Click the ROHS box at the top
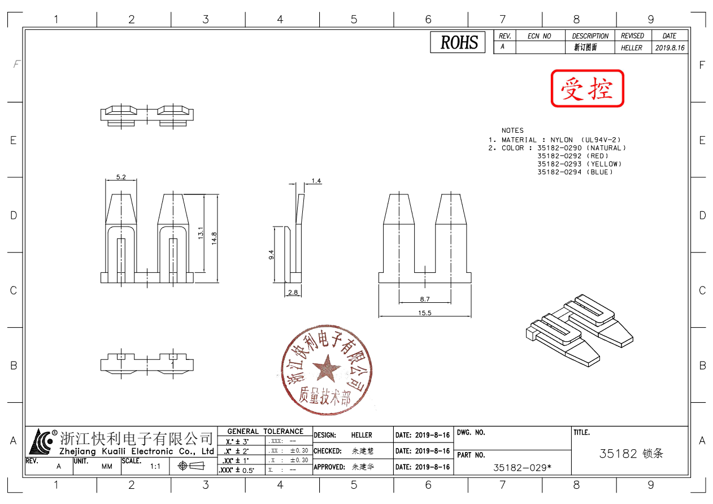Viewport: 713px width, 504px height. pyautogui.click(x=458, y=42)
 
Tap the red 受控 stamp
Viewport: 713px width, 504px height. pyautogui.click(x=587, y=88)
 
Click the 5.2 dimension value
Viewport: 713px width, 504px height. pyautogui.click(x=121, y=177)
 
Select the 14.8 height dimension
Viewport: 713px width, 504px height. pyautogui.click(x=214, y=237)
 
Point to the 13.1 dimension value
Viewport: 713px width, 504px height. pyautogui.click(x=201, y=234)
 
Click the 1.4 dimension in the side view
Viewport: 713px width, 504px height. pyautogui.click(x=316, y=181)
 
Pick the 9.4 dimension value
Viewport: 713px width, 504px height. pyautogui.click(x=271, y=255)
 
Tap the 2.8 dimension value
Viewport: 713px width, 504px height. pyautogui.click(x=293, y=292)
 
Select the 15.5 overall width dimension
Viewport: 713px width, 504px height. pyautogui.click(x=425, y=313)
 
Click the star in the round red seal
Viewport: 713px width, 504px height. pyautogui.click(x=327, y=368)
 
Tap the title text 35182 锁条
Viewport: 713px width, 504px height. pyautogui.click(x=631, y=454)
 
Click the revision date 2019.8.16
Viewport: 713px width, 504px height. pyautogui.click(x=669, y=48)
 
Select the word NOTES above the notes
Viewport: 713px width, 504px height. pyautogui.click(x=512, y=131)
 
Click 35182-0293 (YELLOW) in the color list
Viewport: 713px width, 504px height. pyautogui.click(x=579, y=164)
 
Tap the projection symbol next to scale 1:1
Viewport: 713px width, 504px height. pyautogui.click(x=190, y=466)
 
